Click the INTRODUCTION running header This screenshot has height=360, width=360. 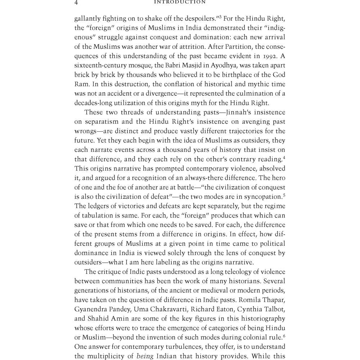click(x=180, y=2)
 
